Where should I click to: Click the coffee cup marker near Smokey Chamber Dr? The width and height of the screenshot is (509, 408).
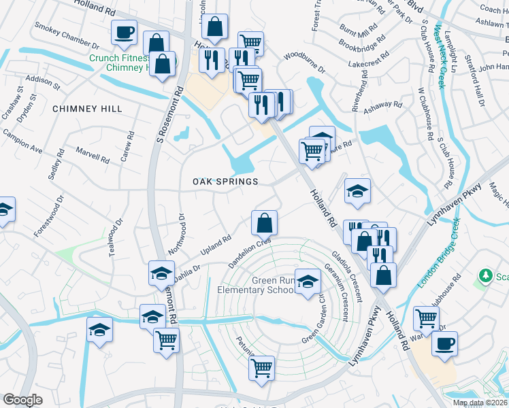(x=124, y=33)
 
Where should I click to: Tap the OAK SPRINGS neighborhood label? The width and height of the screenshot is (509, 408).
(x=225, y=182)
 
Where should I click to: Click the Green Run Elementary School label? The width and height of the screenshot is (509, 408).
(x=255, y=285)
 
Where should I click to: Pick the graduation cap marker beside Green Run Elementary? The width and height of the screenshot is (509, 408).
(x=308, y=282)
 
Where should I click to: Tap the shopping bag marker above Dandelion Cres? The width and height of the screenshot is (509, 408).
(x=264, y=222)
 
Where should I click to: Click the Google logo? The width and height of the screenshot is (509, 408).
(x=22, y=400)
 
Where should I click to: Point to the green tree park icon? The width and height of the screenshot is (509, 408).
(x=486, y=275)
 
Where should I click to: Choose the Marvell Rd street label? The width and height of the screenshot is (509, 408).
(x=93, y=158)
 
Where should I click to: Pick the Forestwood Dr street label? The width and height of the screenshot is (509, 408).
(x=48, y=216)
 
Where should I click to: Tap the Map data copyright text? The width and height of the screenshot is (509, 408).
(x=480, y=402)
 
